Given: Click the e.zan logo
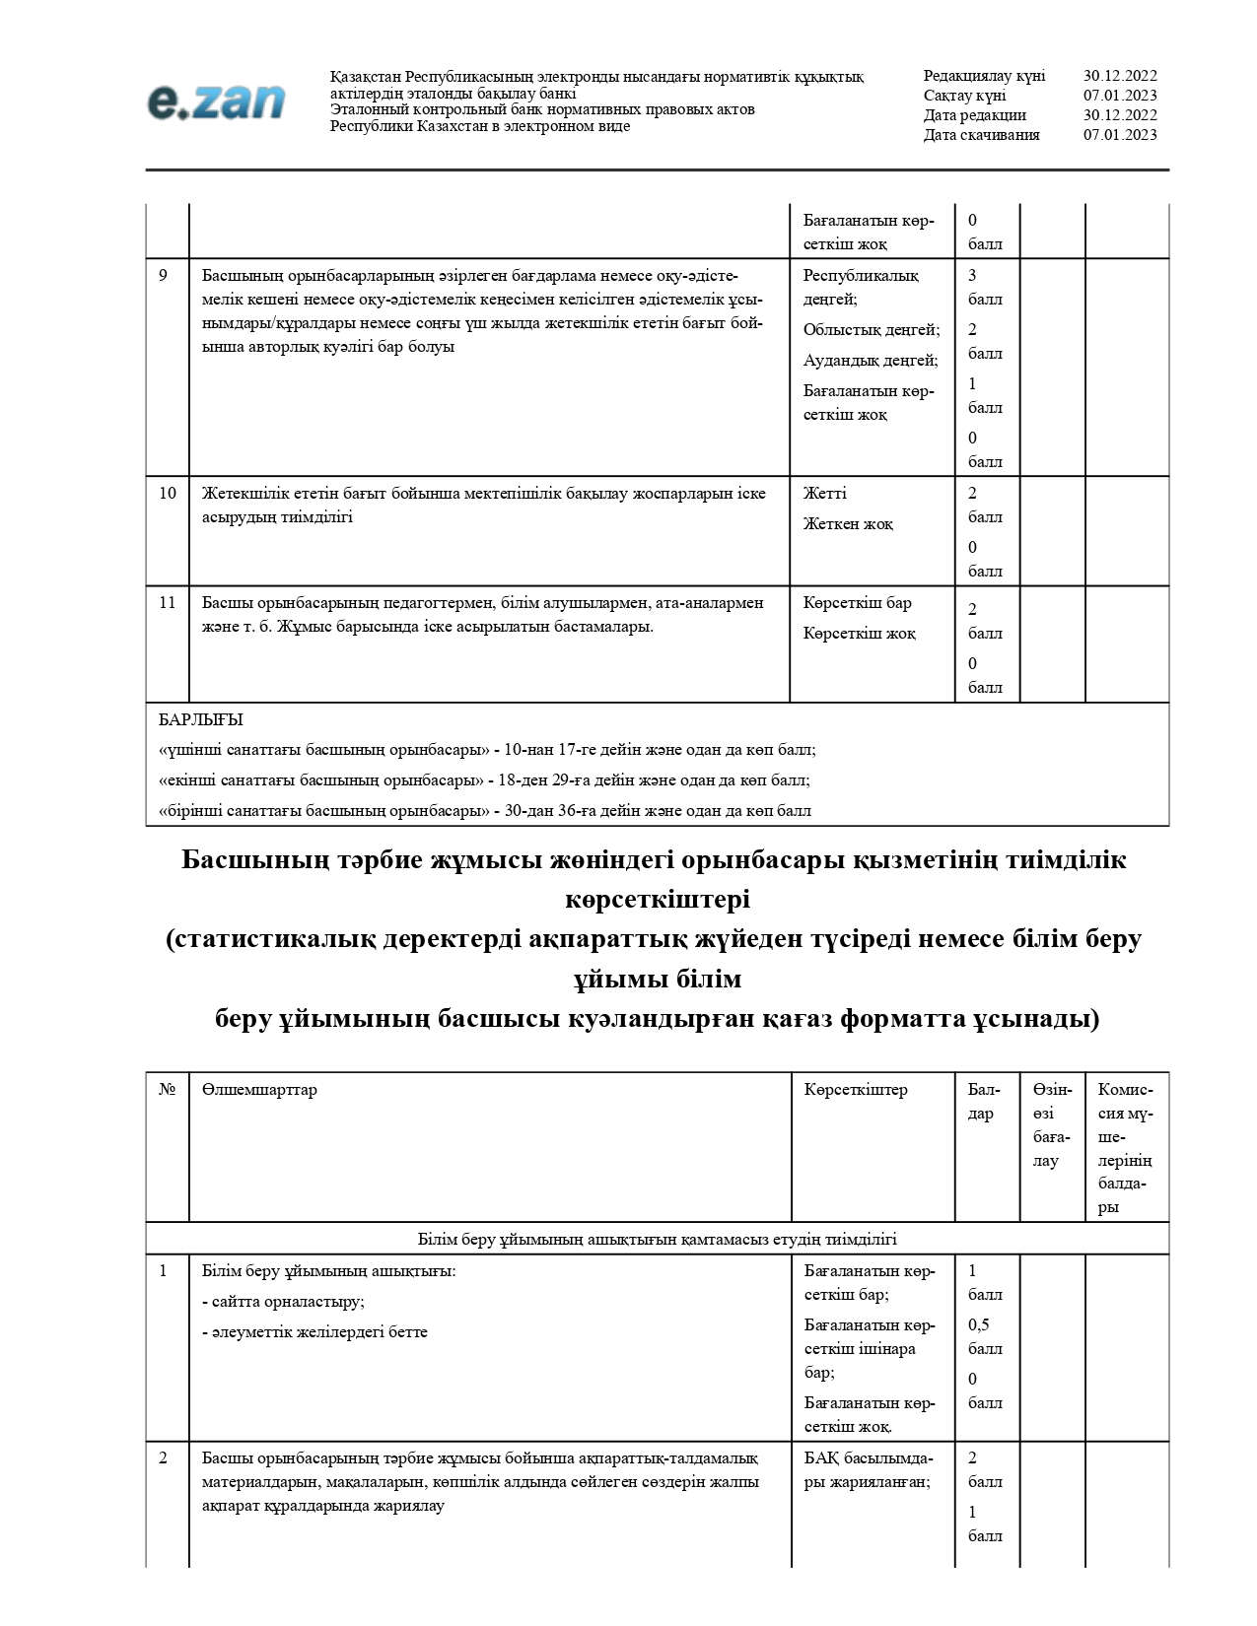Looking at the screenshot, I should pyautogui.click(x=216, y=102).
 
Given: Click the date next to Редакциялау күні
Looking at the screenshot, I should pyautogui.click(x=1120, y=76).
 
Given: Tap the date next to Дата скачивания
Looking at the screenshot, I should pyautogui.click(x=1120, y=135).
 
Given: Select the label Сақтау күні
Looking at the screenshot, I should pyautogui.click(x=964, y=96).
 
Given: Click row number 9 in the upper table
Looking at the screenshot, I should pyautogui.click(x=164, y=276).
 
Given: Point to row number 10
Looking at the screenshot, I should pyautogui.click(x=168, y=494).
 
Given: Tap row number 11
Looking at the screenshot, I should pyautogui.click(x=168, y=603).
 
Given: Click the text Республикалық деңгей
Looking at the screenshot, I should pyautogui.click(x=861, y=287).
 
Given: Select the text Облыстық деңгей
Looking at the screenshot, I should pyautogui.click(x=871, y=330).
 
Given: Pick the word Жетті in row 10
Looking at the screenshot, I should pyautogui.click(x=824, y=494).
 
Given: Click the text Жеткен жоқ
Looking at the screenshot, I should pyautogui.click(x=848, y=524).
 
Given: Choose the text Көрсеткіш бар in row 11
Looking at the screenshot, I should pyautogui.click(x=857, y=603).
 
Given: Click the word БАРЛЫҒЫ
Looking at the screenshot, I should pyautogui.click(x=200, y=720).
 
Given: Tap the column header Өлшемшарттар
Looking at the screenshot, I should pyautogui.click(x=259, y=1090).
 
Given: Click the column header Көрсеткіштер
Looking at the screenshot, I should pyautogui.click(x=856, y=1090).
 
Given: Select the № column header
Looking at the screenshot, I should pyautogui.click(x=168, y=1090).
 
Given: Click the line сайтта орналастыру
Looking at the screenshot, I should pyautogui.click(x=283, y=1302).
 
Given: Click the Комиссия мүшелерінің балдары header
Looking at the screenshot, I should pyautogui.click(x=1125, y=1148).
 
